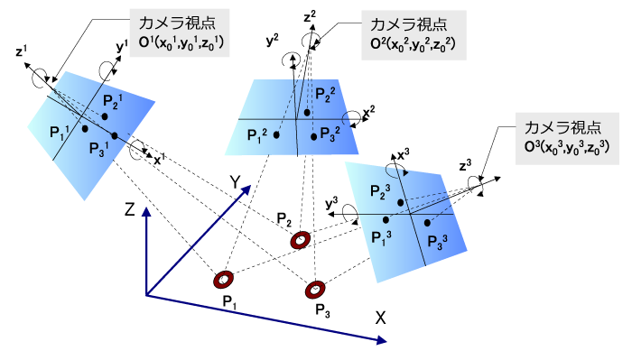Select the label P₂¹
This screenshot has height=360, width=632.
click(x=114, y=100)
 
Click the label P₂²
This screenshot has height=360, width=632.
click(x=325, y=95)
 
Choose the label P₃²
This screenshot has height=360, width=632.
click(x=331, y=136)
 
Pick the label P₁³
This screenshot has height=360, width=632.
click(x=381, y=236)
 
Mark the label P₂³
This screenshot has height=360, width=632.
click(x=380, y=191)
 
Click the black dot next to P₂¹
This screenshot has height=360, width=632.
click(x=106, y=116)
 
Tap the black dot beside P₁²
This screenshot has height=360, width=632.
click(x=276, y=135)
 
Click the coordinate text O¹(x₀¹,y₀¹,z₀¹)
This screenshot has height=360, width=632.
click(x=180, y=42)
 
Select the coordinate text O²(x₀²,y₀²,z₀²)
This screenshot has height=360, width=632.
click(x=413, y=42)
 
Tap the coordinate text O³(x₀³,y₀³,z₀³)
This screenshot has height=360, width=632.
click(x=565, y=145)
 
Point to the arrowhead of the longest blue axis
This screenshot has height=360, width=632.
click(x=383, y=341)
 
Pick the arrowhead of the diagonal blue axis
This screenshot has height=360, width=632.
click(x=250, y=188)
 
